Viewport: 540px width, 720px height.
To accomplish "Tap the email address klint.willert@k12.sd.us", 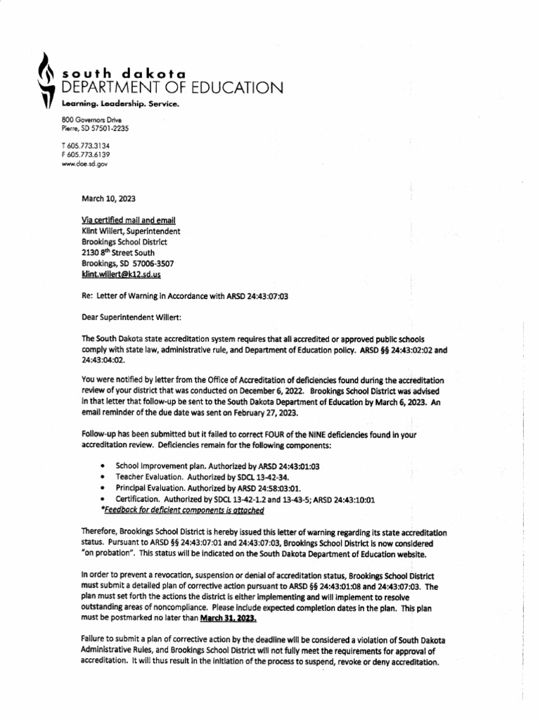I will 127,275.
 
